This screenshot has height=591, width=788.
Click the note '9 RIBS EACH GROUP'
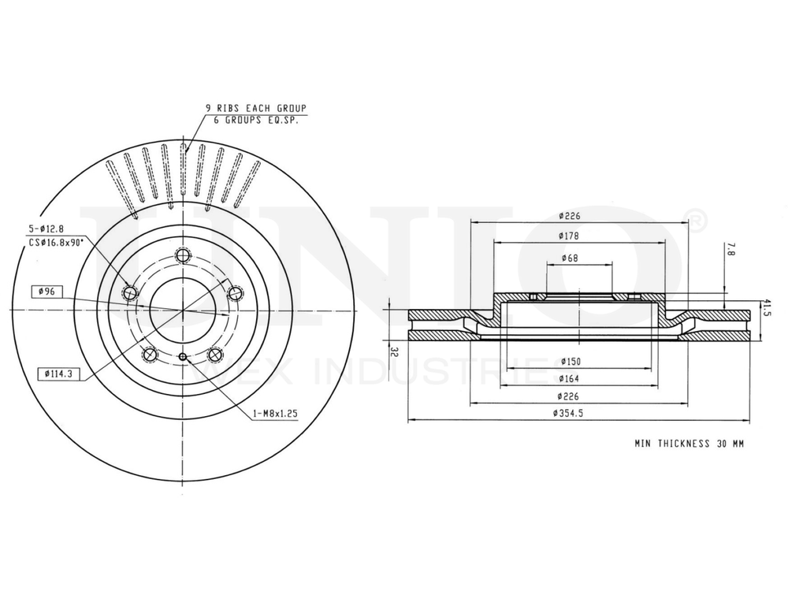point(255,108)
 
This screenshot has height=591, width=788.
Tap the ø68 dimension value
point(571,258)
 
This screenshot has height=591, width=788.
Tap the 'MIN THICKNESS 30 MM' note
point(689,444)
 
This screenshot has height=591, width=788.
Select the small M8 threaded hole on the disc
point(184,358)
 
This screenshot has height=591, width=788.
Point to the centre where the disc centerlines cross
point(183,312)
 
